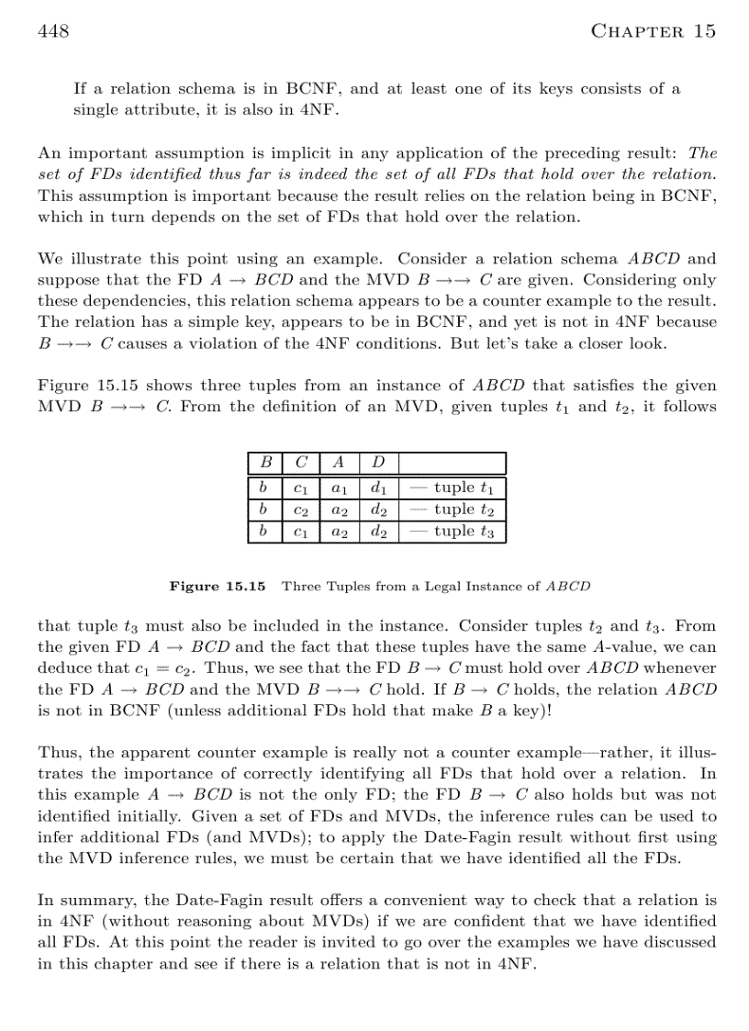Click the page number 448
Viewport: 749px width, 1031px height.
click(53, 32)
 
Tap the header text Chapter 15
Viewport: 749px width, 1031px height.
click(653, 32)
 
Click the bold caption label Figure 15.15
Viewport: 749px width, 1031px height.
click(218, 586)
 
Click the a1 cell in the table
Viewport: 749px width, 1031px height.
click(339, 488)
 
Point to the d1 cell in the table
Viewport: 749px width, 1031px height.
click(378, 488)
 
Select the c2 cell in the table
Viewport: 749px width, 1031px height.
click(300, 510)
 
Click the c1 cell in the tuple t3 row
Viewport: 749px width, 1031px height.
click(300, 532)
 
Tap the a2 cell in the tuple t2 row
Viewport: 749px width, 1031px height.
click(339, 510)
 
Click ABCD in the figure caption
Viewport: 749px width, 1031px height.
click(568, 586)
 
